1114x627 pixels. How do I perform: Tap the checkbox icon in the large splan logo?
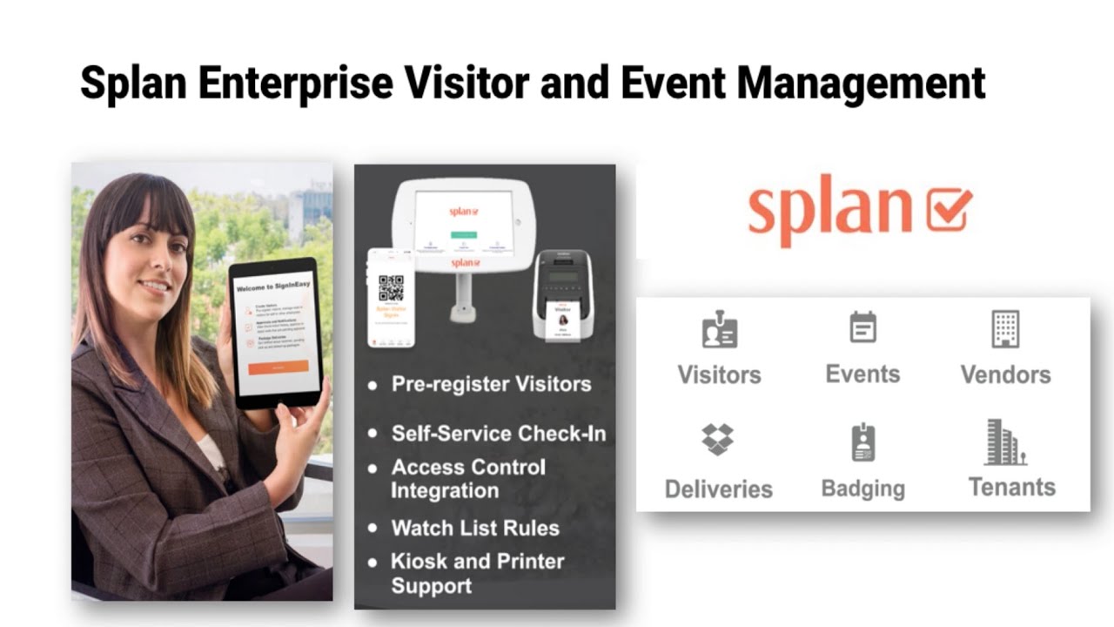(948, 209)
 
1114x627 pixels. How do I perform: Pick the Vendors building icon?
(1005, 329)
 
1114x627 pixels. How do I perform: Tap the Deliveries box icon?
(718, 440)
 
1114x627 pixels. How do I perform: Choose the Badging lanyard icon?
(862, 442)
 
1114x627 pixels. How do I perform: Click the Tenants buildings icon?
(1006, 442)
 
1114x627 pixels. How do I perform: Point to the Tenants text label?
(1011, 487)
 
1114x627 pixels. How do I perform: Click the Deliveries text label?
(718, 489)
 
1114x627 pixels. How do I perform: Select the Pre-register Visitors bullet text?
(491, 384)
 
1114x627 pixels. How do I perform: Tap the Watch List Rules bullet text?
(474, 528)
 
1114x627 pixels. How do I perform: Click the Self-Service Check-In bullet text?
(498, 433)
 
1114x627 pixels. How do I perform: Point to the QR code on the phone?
(391, 288)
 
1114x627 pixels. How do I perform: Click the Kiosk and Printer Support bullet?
(477, 573)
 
